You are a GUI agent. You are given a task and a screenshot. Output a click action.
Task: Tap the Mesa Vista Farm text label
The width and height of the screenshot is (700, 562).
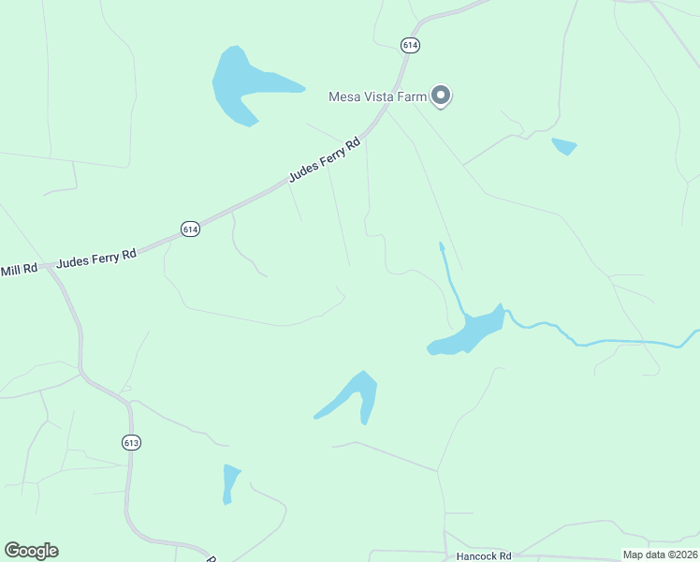point(377,96)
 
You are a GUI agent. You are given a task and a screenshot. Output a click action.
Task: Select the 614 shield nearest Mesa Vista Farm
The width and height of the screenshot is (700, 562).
point(410,44)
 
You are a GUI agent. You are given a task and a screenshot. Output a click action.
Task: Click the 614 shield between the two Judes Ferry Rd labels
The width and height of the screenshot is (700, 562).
point(190,229)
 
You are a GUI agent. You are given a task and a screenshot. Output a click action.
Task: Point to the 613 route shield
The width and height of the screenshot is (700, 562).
point(131,442)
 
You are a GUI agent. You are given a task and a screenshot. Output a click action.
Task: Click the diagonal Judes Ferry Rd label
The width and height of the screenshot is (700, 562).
point(324,160)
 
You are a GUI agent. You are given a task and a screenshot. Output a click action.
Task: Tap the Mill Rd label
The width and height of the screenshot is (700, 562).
point(19,270)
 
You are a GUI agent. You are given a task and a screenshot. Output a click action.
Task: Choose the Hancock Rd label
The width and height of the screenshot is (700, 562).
point(485,555)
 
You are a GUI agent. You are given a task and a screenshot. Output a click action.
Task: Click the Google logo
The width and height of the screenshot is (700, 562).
point(31,551)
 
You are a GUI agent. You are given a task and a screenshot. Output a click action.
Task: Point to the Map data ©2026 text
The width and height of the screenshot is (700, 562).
point(660,555)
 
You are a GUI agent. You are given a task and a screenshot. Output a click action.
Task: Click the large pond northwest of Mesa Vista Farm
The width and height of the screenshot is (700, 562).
point(239,84)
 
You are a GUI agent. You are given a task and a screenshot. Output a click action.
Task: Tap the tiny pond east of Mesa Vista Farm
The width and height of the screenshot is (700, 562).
point(563,146)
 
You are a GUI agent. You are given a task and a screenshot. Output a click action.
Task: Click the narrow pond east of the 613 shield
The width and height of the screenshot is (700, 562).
point(230,483)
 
